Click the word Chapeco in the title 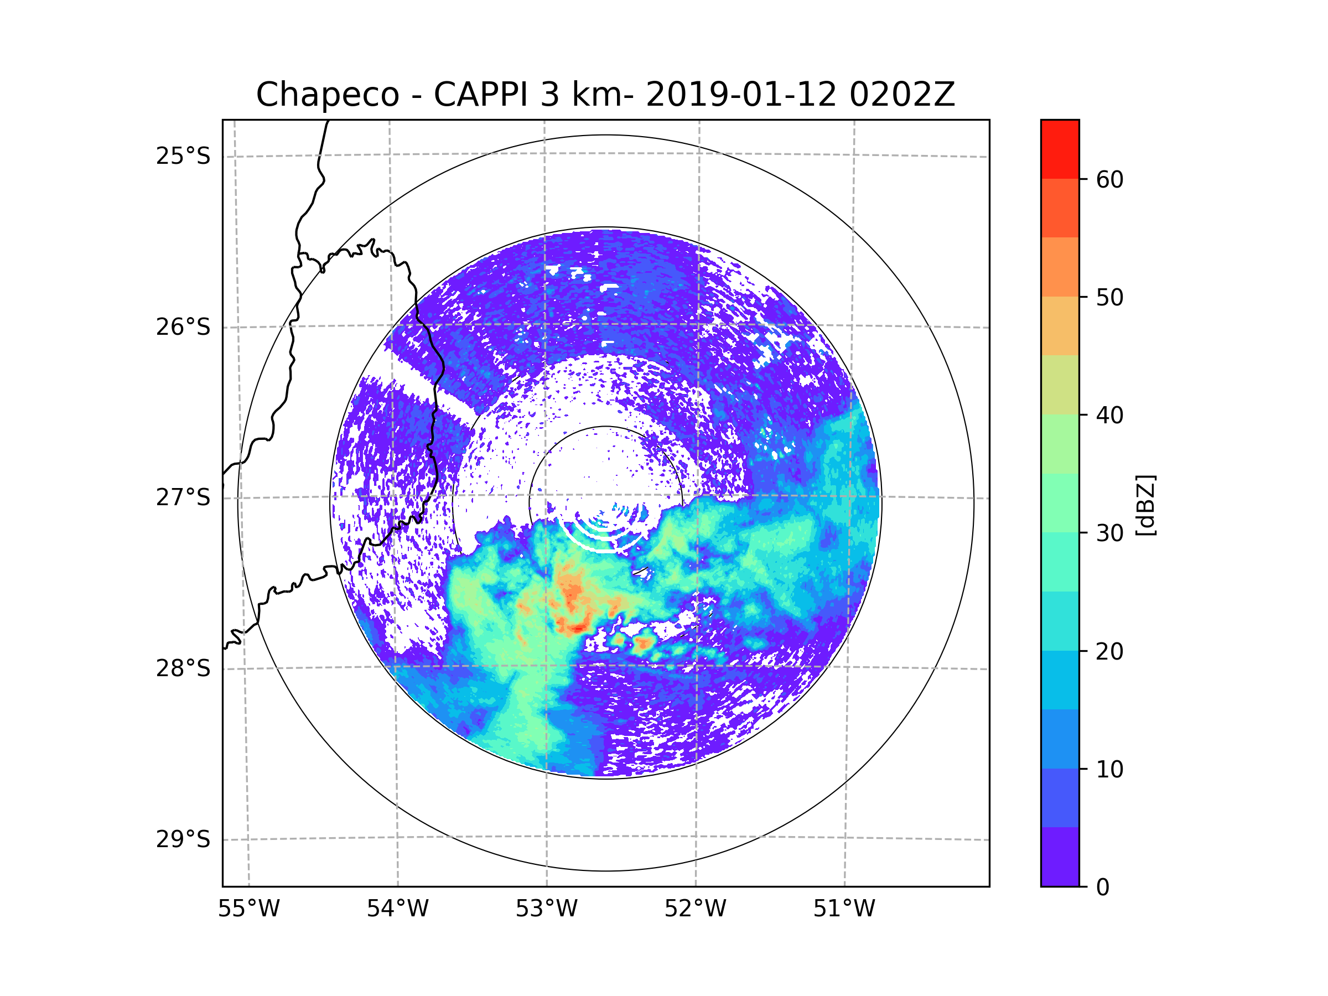(x=327, y=95)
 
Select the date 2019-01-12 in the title (x=740, y=95)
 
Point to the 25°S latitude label (x=183, y=156)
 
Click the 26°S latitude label (x=183, y=327)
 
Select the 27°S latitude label (x=183, y=497)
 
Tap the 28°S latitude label (x=183, y=668)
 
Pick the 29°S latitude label (x=183, y=839)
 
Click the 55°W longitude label (x=248, y=909)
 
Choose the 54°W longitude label (x=397, y=909)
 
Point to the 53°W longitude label (x=546, y=909)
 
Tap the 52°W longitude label (x=695, y=909)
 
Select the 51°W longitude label (x=844, y=909)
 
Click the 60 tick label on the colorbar (x=1109, y=179)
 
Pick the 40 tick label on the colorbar (x=1109, y=416)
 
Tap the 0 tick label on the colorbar (x=1103, y=888)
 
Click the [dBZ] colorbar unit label (x=1145, y=505)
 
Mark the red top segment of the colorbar (x=1060, y=149)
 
